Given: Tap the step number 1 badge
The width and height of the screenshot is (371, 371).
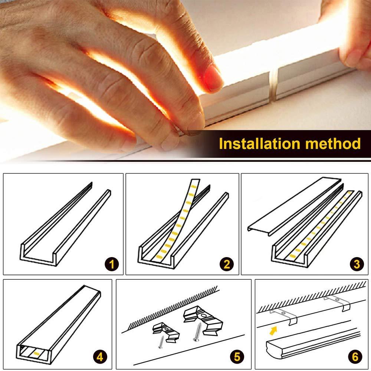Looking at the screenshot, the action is (112, 264).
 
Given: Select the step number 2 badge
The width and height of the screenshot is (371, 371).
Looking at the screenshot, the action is (226, 264).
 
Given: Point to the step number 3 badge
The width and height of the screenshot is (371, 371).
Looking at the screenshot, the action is (357, 264).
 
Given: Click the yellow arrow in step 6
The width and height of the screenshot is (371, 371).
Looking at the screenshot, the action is (273, 331).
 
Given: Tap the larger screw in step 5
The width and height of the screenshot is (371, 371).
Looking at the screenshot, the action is (197, 332).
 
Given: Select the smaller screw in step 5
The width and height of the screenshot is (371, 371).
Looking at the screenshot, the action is (161, 342).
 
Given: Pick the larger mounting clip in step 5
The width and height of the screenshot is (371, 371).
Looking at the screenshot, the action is (203, 318).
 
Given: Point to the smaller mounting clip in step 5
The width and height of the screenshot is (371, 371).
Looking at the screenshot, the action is (165, 332).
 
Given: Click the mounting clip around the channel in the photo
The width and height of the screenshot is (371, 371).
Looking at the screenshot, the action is (273, 85).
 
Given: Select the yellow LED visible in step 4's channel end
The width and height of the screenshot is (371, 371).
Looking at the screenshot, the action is (36, 354).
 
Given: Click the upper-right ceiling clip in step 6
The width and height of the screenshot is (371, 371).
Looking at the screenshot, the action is (337, 302).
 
